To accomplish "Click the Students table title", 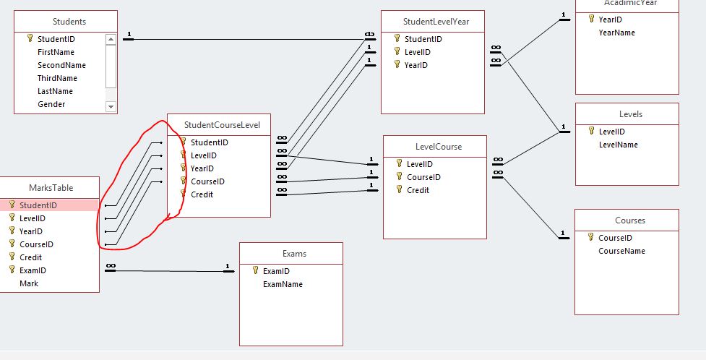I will [x=69, y=22].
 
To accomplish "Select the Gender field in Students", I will [x=51, y=104].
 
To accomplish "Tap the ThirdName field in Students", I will [x=57, y=78].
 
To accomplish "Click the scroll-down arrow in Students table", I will [x=111, y=106].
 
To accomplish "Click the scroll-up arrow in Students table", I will [x=111, y=39].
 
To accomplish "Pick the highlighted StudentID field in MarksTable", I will [x=38, y=205].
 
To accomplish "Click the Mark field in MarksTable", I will [x=29, y=283].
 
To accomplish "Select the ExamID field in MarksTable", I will [x=33, y=270].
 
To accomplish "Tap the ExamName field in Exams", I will [x=283, y=284].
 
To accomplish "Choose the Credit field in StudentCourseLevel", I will [x=202, y=194].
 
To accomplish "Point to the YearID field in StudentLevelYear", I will [x=416, y=65].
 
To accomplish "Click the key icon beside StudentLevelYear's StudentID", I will [x=397, y=39].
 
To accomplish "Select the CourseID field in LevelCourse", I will [x=423, y=177].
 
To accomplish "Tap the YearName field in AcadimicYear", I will [x=616, y=33].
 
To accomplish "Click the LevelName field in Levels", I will [x=618, y=145].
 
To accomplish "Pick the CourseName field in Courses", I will [x=621, y=251].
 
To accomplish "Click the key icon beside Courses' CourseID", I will [x=591, y=238].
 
